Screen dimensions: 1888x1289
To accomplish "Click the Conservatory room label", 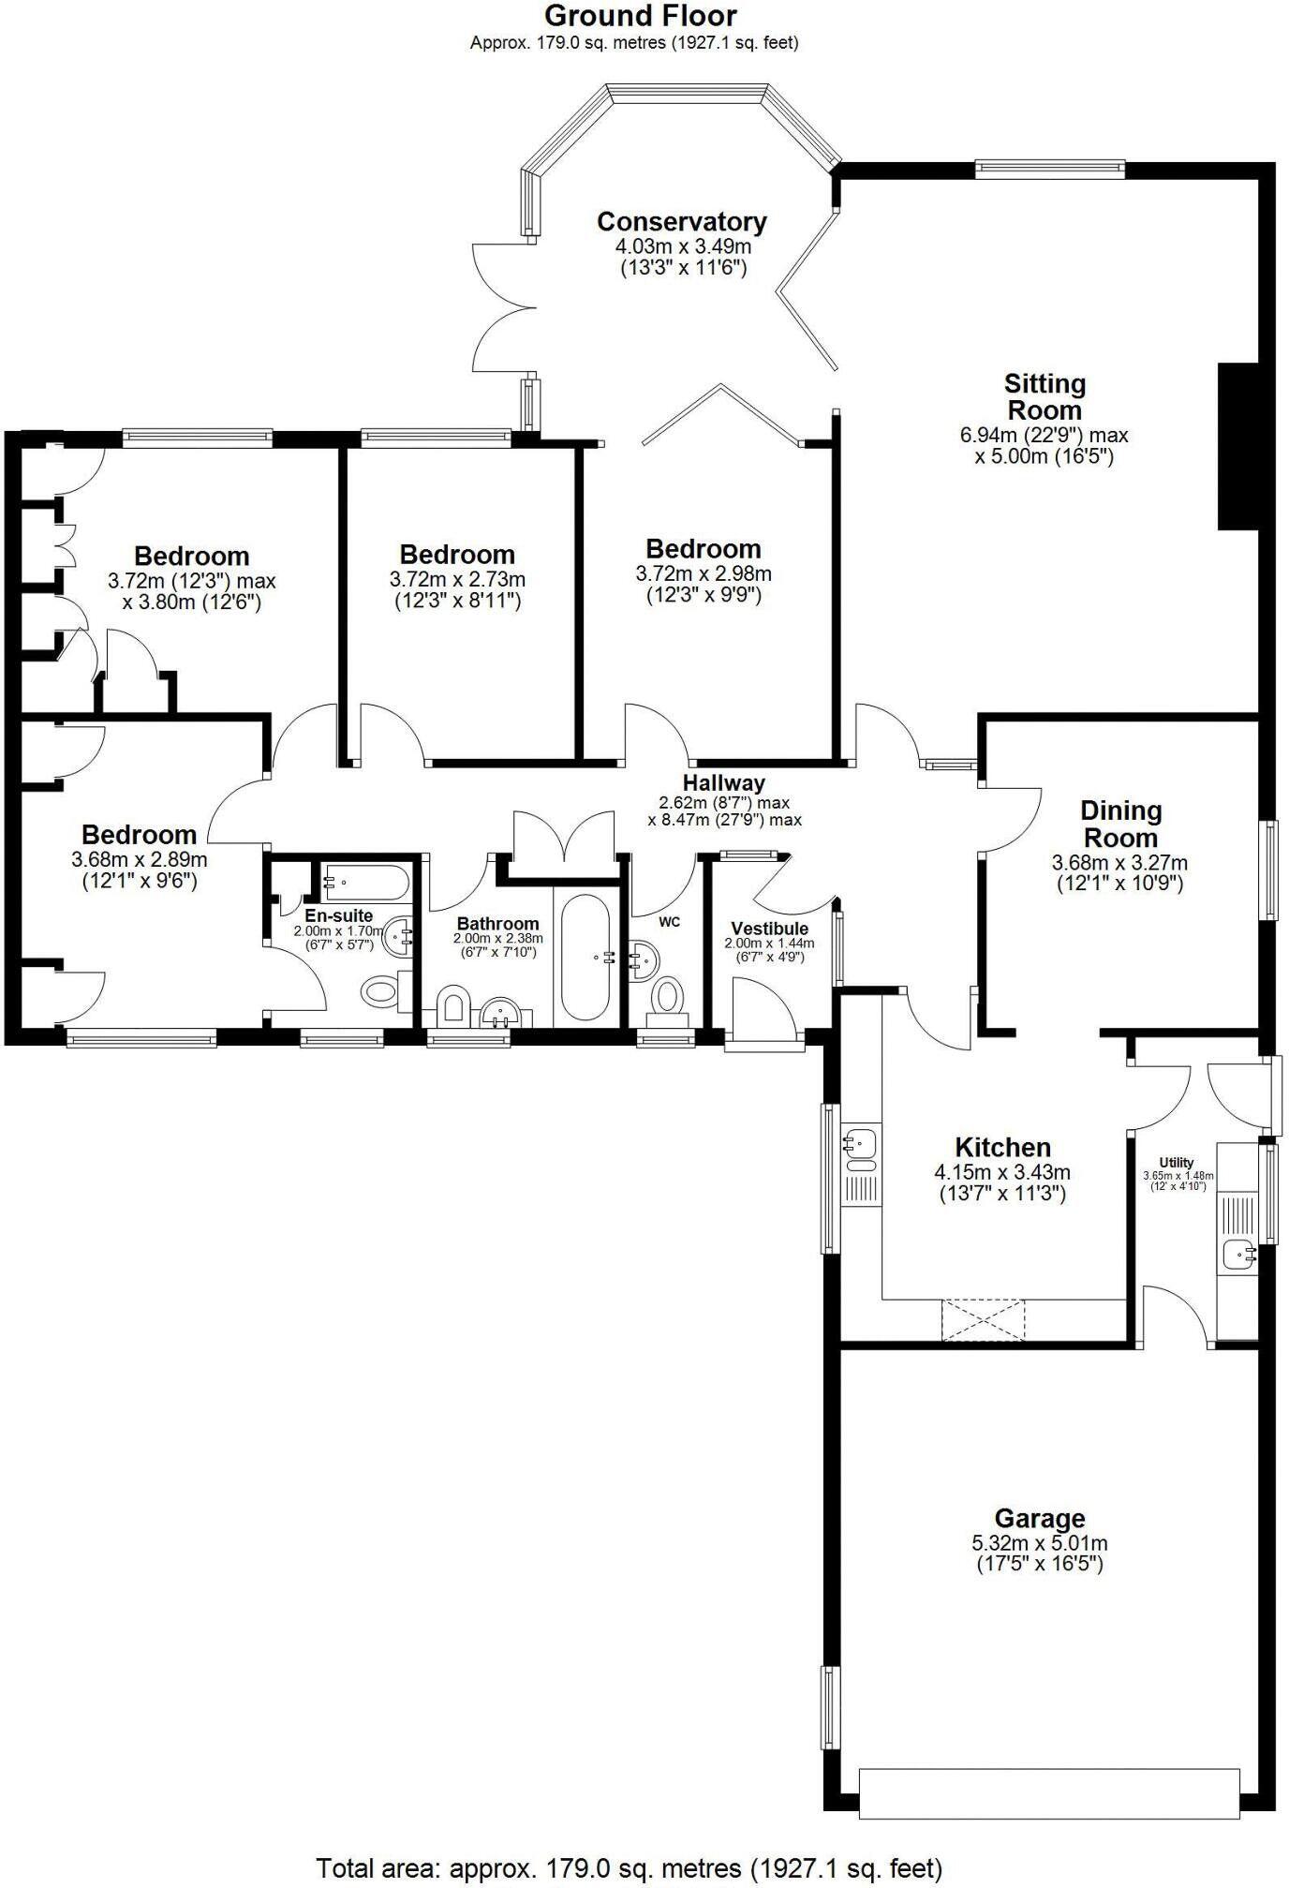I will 681,222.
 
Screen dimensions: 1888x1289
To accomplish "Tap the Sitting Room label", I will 1044,397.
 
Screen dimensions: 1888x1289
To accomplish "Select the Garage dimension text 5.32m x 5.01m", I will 1039,1543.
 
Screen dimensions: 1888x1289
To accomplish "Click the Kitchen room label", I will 1002,1147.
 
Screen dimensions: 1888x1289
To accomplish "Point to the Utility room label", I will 1177,1162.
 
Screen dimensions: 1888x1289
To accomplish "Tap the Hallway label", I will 723,782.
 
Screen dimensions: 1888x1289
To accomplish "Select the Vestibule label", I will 769,929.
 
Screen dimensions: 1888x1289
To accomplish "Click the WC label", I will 669,922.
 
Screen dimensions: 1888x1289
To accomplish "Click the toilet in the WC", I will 668,995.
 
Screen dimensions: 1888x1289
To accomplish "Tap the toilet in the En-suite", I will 381,990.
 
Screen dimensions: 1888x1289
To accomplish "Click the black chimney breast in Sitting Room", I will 1237,447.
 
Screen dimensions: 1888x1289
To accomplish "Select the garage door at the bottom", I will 1048,1793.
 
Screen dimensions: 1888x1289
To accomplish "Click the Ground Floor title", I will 640,16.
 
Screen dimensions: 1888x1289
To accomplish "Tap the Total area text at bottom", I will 629,1867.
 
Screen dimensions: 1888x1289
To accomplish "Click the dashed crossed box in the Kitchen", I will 984,1320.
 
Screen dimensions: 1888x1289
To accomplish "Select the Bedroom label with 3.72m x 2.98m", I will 703,549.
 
